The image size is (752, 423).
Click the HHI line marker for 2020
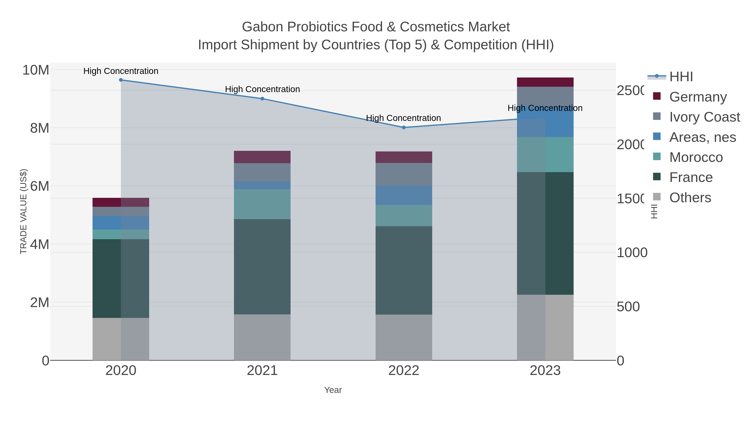click(x=121, y=80)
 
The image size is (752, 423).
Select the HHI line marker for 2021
click(x=262, y=99)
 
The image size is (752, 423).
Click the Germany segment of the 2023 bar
click(x=545, y=82)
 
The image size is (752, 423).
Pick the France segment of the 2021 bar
click(x=262, y=267)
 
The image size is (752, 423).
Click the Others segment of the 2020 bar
click(x=121, y=339)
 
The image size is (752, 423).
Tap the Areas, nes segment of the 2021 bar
click(x=262, y=185)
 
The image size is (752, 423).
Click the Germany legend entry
click(x=698, y=97)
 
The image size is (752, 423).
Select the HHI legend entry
click(x=681, y=77)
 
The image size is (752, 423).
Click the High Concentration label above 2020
click(x=121, y=71)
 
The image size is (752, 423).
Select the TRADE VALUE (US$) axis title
click(x=23, y=211)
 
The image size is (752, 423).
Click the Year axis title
click(x=333, y=390)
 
